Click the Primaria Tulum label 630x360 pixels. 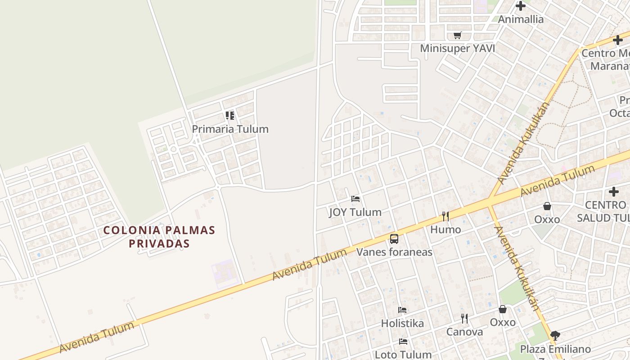pos(230,129)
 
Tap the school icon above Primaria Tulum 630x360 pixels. pos(230,116)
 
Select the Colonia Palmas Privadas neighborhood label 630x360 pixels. pos(159,237)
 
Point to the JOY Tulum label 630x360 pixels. pos(355,212)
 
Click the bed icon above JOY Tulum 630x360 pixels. pos(355,198)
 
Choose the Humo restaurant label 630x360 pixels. pos(445,229)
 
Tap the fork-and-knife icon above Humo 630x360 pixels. pos(445,216)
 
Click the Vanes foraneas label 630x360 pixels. pos(394,252)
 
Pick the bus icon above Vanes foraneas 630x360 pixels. pos(394,238)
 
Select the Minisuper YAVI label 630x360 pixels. pos(457,48)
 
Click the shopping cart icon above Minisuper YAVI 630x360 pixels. pos(458,35)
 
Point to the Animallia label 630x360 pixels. pos(521,19)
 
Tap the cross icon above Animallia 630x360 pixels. pos(521,6)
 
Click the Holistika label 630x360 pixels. pos(402,323)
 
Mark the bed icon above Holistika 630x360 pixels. pos(402,310)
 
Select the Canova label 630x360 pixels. pos(464,332)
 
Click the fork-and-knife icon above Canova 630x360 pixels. pos(464,319)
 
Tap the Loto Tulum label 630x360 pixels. pos(403,354)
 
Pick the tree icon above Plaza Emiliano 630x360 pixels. pos(555,335)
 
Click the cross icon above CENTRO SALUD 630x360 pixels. pos(614,192)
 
